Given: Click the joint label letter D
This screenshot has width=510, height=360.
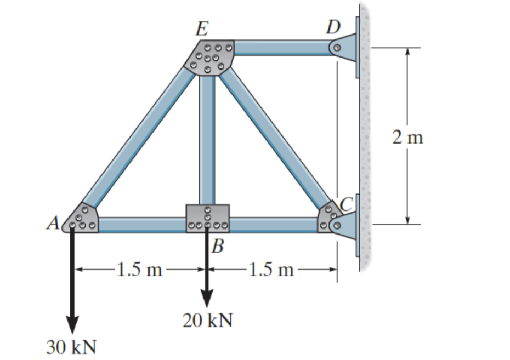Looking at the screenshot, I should tap(333, 27).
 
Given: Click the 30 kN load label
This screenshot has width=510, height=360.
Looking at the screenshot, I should tap(71, 346).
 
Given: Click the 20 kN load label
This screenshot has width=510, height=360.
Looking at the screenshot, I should tap(207, 321).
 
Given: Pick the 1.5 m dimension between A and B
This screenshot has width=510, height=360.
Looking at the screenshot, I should tap(140, 269).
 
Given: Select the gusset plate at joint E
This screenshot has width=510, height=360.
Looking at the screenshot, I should tap(211, 57).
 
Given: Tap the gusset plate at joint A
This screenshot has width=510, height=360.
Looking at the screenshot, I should tap(82, 219).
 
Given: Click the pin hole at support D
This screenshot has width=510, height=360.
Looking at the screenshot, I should tap(338, 48).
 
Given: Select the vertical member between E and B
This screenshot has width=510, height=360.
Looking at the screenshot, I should tap(207, 140).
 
